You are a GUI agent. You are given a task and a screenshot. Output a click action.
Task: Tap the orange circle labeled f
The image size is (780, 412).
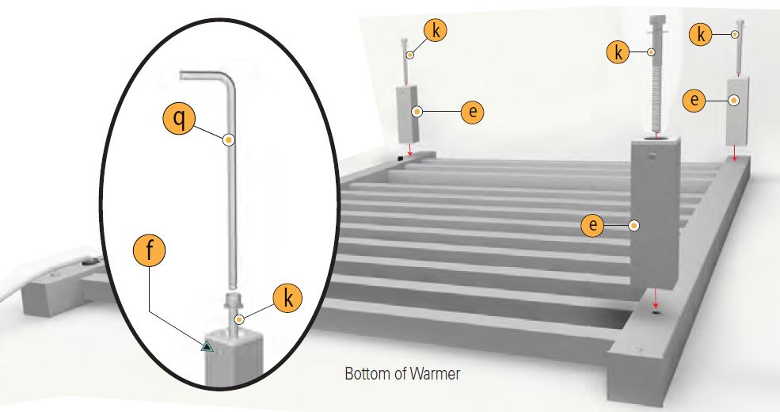coord(149,251)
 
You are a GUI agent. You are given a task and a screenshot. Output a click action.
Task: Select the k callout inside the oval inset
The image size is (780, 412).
coord(287,298)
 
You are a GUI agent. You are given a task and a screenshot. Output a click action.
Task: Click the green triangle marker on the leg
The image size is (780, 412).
coord(207,346)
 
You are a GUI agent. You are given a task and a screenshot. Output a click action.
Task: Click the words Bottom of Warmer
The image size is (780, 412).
coord(402,373)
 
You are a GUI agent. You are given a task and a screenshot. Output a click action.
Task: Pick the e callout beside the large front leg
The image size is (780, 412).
coord(593,225)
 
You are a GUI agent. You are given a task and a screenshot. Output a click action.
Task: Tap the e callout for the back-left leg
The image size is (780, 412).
coord(472,111)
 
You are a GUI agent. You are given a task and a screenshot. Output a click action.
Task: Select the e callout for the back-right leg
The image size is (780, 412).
coord(694,100)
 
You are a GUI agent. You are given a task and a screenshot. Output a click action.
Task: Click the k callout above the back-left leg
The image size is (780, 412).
coord(436,30)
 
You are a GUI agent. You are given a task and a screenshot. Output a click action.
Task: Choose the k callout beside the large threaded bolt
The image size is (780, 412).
coord(618,51)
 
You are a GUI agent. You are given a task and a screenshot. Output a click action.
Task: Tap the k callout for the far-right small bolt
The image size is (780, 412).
coord(701,35)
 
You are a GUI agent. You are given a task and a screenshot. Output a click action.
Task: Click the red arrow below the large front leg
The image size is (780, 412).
coord(656,298)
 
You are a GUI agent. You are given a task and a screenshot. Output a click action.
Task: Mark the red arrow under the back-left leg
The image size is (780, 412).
coord(410,149)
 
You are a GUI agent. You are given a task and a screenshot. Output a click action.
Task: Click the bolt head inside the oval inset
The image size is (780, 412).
coord(234,301)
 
